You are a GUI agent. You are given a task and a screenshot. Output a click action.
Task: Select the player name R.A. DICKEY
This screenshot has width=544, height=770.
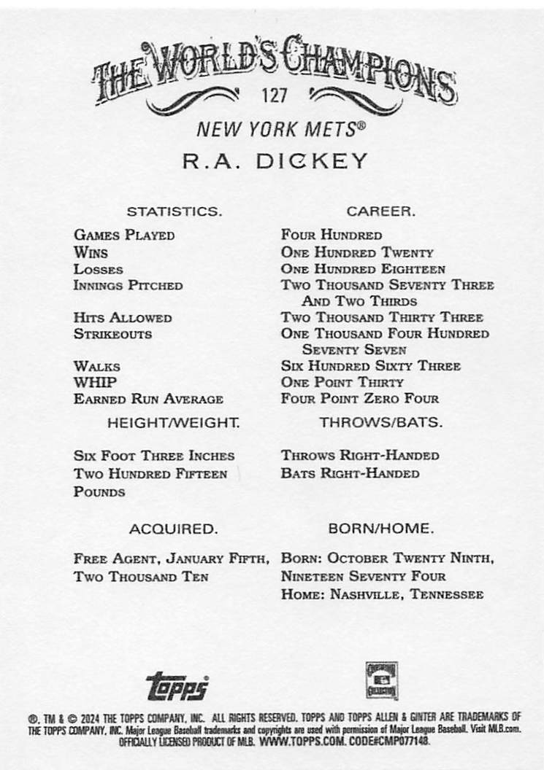(x=275, y=161)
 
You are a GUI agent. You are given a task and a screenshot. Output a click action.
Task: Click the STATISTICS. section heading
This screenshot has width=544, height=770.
(x=174, y=211)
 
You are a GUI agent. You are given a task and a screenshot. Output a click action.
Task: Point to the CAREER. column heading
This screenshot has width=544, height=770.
(x=380, y=211)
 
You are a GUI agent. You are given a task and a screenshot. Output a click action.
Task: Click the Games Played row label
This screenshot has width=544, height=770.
(x=124, y=236)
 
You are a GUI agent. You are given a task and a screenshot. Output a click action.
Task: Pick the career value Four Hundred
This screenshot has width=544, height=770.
(x=332, y=236)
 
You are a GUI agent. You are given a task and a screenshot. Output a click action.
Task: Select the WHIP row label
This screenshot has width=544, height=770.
(x=95, y=382)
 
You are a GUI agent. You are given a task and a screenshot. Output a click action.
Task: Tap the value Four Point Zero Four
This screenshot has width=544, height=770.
(x=360, y=399)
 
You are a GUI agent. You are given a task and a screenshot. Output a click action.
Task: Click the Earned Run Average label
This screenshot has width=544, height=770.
(x=148, y=399)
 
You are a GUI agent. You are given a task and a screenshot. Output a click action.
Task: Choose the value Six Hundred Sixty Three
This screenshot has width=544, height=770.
(x=370, y=366)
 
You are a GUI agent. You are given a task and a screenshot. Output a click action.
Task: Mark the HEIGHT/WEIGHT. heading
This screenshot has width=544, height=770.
(x=173, y=422)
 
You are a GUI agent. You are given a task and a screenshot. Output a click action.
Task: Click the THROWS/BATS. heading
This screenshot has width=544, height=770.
(x=380, y=422)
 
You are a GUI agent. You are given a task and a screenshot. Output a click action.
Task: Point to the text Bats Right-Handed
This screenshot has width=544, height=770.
(x=350, y=473)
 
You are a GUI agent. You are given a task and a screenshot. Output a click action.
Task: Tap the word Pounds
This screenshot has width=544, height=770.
(x=99, y=492)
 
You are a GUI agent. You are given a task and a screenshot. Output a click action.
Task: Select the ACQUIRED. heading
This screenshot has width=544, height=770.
(x=173, y=528)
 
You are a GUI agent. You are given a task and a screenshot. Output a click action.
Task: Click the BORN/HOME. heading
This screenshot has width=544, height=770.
(x=380, y=528)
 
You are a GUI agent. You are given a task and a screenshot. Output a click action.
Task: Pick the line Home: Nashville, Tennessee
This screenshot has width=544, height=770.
(x=382, y=595)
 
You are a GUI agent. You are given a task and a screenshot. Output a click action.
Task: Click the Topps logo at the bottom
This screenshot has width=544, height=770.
(x=177, y=685)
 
